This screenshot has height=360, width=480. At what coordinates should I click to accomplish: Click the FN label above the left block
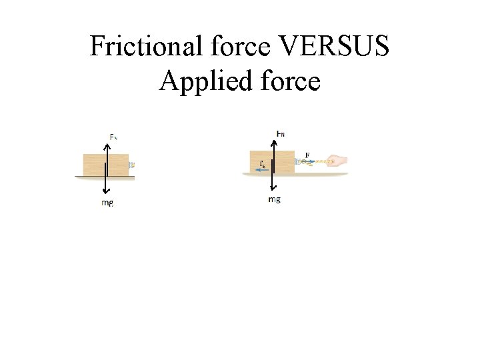coord(114,137)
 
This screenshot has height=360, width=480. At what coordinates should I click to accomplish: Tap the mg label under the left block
coord(107,203)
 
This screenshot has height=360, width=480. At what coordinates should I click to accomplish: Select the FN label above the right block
coord(281,133)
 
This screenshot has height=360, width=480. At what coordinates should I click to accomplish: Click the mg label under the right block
coord(274,199)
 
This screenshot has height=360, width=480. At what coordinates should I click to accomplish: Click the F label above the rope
coord(307,155)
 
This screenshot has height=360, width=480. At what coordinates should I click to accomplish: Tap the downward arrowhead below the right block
coord(273,189)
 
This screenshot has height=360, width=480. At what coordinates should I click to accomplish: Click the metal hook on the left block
coord(132,163)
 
